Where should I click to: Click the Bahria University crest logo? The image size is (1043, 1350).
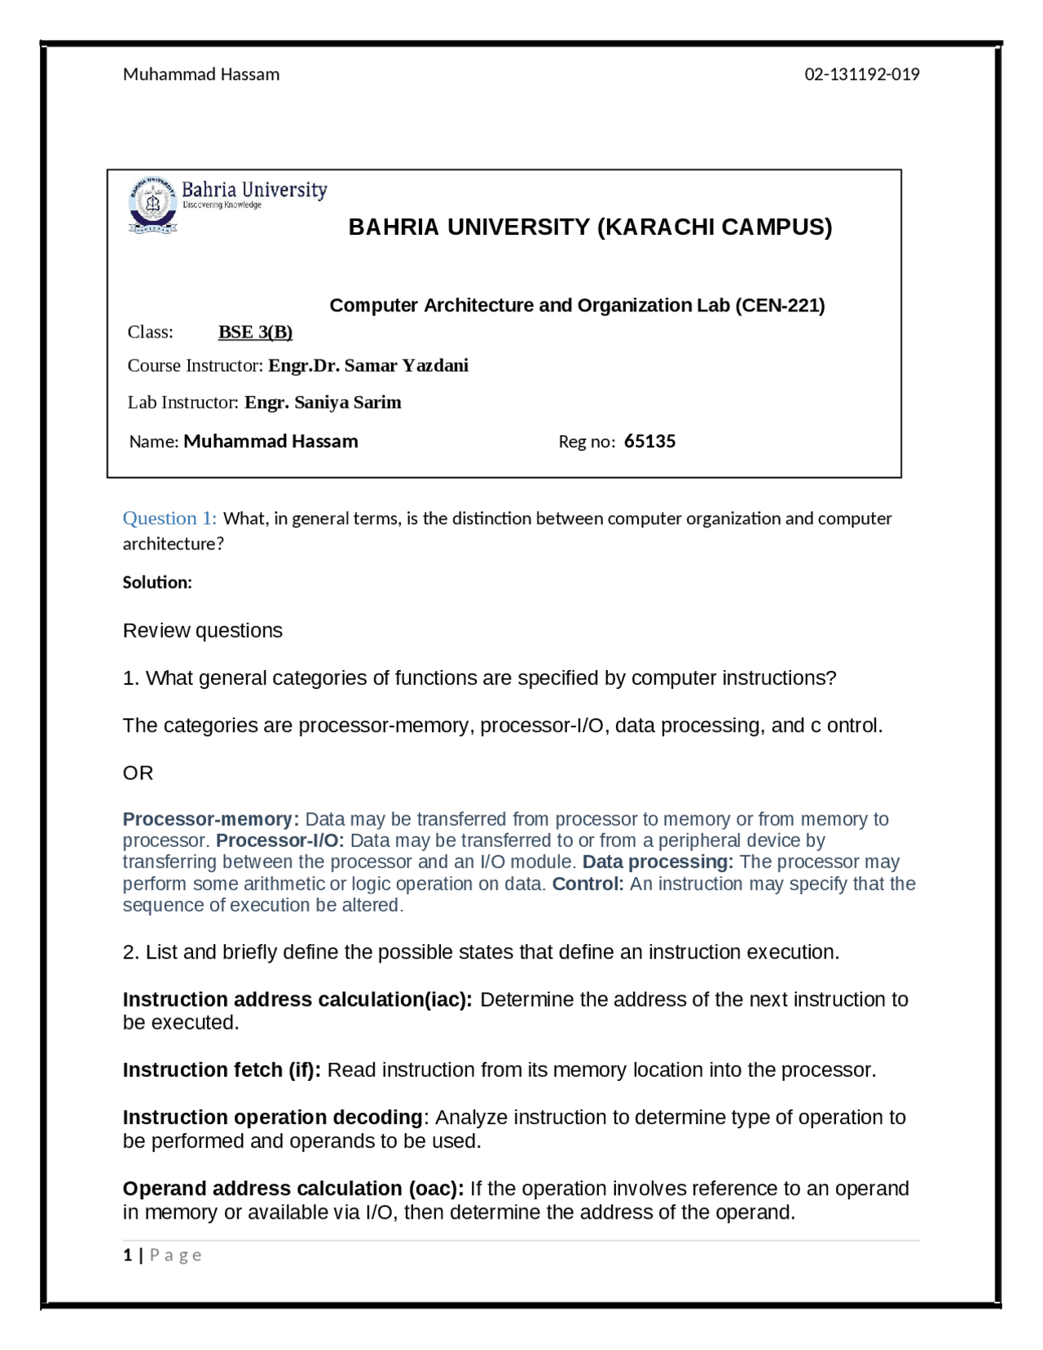(x=152, y=204)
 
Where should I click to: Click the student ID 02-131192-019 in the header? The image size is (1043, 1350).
(x=861, y=74)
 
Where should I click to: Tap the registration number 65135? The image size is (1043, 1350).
(x=649, y=441)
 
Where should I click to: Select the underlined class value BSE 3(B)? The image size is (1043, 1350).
(x=255, y=332)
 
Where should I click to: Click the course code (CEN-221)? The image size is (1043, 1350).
(x=780, y=305)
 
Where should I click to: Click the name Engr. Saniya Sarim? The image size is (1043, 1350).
(x=323, y=402)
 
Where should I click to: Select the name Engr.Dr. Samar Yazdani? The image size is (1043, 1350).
(x=368, y=365)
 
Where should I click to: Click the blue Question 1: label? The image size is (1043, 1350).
(x=169, y=518)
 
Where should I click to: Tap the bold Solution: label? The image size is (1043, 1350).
(x=157, y=582)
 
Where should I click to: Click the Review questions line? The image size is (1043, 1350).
(x=202, y=630)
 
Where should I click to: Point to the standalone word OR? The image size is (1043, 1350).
(x=138, y=773)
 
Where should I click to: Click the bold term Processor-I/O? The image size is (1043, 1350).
(x=279, y=840)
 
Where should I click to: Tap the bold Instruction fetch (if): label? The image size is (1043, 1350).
(x=222, y=1070)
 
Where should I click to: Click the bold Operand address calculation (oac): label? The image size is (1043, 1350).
(x=293, y=1189)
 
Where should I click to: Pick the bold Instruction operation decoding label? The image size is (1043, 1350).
(x=272, y=1117)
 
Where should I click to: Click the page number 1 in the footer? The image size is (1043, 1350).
(x=127, y=1255)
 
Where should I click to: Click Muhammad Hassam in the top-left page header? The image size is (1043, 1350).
(x=201, y=74)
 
